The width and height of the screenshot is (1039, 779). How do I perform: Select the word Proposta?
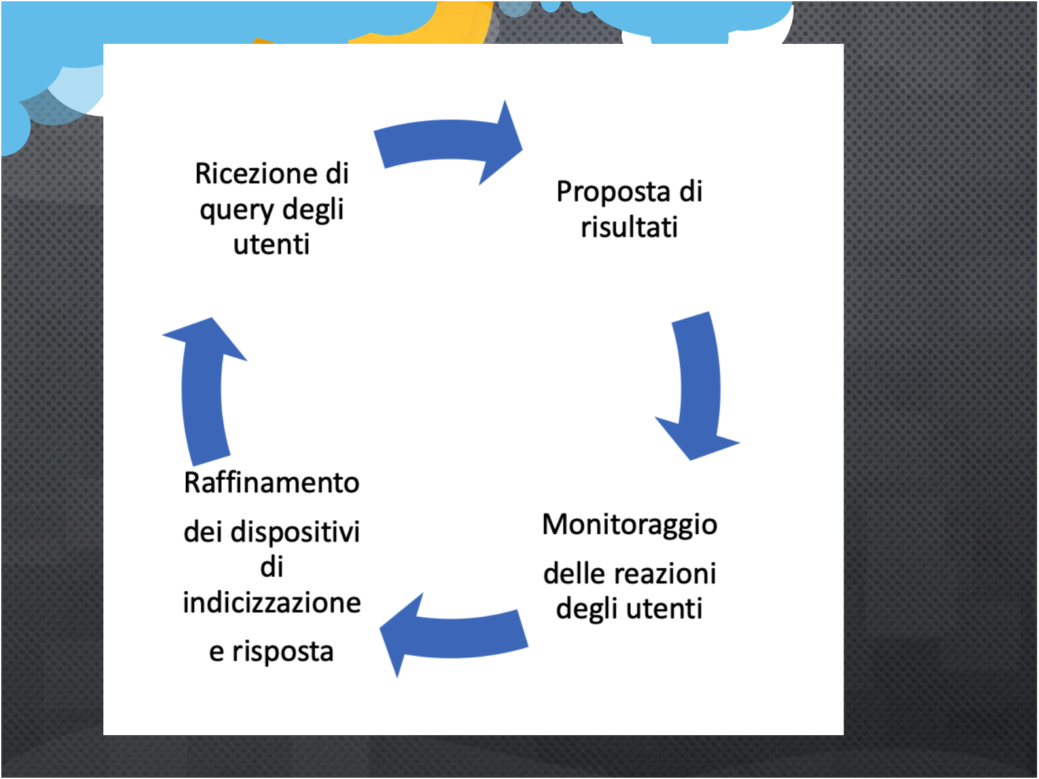tap(613, 192)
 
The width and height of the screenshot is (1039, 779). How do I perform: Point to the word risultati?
tap(629, 226)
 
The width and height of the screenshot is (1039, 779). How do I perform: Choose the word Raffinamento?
tap(272, 483)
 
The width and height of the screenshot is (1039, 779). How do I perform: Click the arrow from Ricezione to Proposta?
tap(448, 142)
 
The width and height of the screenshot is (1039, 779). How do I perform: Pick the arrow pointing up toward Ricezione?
tap(203, 391)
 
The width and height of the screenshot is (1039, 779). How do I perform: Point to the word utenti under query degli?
tap(272, 244)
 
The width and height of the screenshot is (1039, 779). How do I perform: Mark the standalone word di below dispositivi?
tap(272, 567)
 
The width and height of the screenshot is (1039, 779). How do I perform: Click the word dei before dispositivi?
tap(203, 532)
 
